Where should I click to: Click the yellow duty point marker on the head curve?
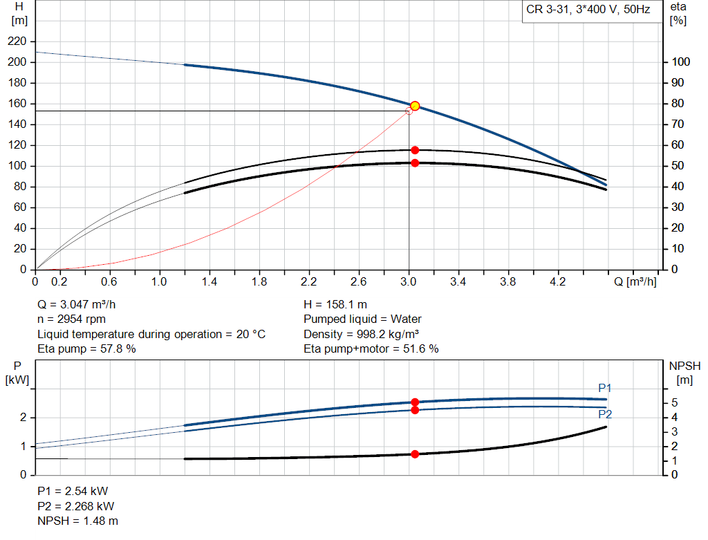point(415,106)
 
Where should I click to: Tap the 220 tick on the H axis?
point(18,41)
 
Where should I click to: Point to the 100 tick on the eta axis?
point(680,62)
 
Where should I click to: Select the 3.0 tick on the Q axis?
point(409,281)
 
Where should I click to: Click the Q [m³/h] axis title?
point(635,281)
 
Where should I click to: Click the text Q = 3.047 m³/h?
point(82,304)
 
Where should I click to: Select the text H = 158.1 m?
point(335,304)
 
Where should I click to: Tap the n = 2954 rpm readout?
point(73,319)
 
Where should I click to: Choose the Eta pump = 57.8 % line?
point(86,349)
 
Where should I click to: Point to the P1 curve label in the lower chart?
point(605,388)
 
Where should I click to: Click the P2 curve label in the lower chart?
point(605,414)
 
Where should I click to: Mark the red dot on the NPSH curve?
point(415,454)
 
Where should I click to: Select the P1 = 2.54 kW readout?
point(73,491)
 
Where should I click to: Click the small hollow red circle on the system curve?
point(409,111)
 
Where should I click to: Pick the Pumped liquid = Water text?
point(362,319)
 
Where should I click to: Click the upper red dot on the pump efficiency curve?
point(415,150)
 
